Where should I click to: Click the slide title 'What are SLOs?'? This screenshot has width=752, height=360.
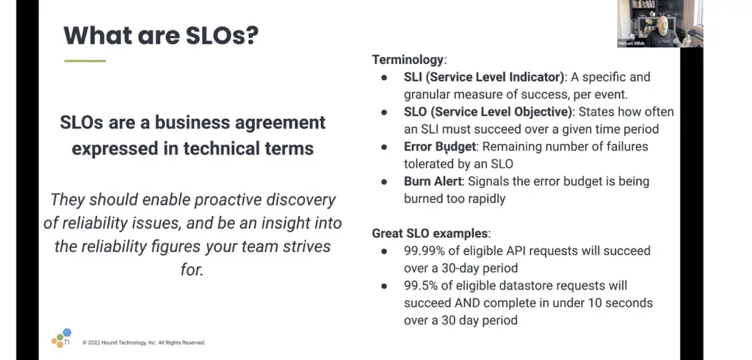[x=161, y=35]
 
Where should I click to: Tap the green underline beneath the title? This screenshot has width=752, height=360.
[x=85, y=61]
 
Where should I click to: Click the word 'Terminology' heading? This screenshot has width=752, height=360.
[x=408, y=60]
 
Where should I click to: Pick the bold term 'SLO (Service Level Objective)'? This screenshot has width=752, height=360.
[x=488, y=112]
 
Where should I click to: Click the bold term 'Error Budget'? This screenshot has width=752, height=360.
[x=440, y=147]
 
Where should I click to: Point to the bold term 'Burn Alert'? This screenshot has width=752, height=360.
[x=433, y=181]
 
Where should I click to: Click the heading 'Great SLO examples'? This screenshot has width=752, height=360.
[x=430, y=234]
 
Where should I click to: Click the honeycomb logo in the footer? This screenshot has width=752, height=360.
[x=62, y=338]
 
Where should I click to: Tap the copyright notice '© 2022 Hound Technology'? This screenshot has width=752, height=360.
[x=144, y=342]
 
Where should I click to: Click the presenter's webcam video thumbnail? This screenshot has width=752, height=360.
[x=660, y=23]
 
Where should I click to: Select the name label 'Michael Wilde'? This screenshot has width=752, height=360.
[x=632, y=43]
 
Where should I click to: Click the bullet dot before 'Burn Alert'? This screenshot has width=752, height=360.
[x=384, y=182]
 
